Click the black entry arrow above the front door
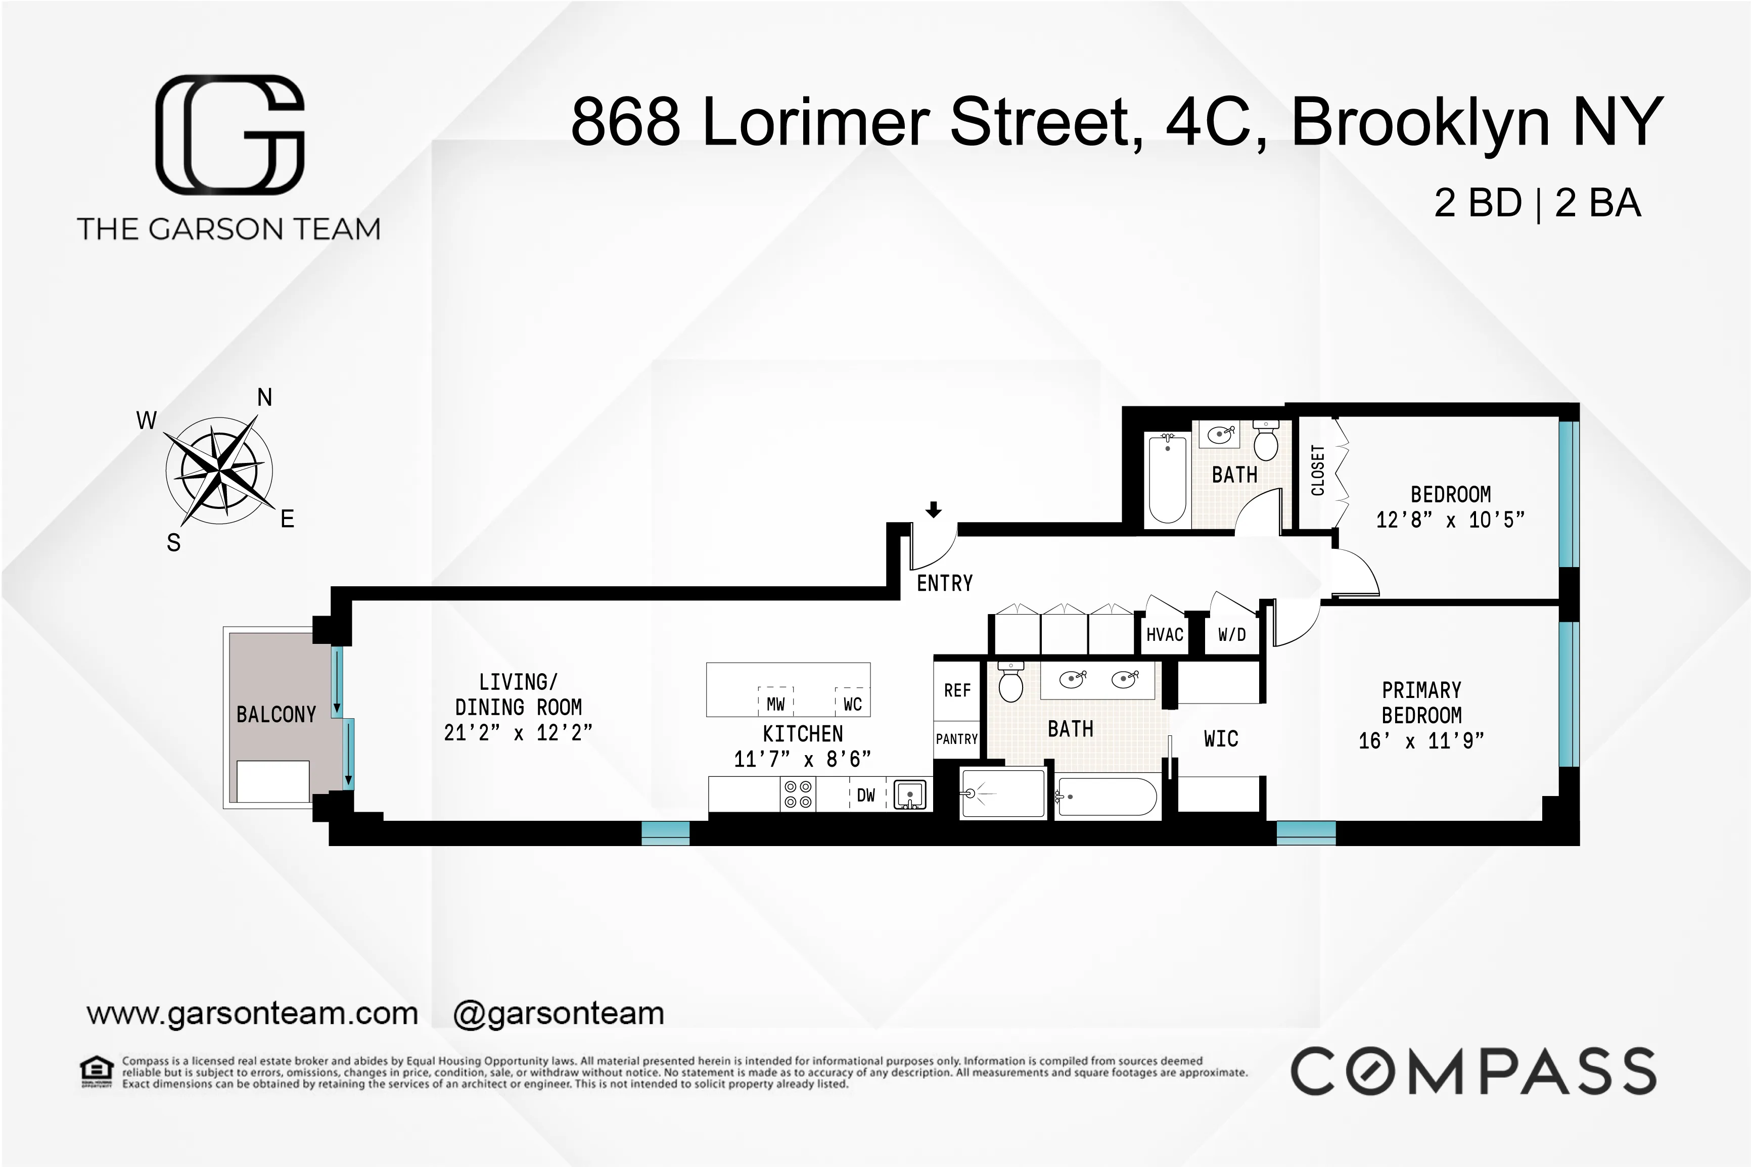[x=933, y=510]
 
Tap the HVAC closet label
[x=1165, y=635]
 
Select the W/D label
[x=1231, y=635]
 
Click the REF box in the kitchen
[x=957, y=691]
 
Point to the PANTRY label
[x=956, y=739]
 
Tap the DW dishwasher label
[x=865, y=796]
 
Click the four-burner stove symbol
[x=798, y=794]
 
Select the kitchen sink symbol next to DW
[x=909, y=794]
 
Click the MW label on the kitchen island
[x=775, y=704]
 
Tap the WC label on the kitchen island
[x=852, y=704]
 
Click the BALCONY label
[x=276, y=715]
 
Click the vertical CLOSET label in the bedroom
[x=1318, y=471]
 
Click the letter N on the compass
[x=264, y=397]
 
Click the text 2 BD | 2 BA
[x=1537, y=203]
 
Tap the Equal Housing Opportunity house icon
[x=97, y=1072]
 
